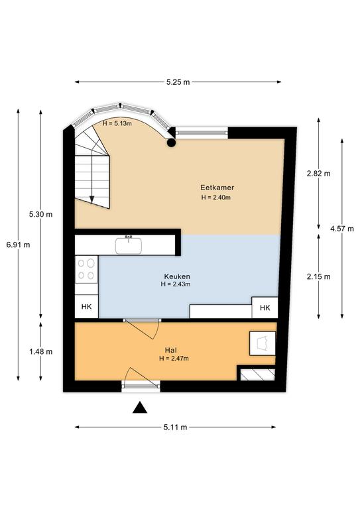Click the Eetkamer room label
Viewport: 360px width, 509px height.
click(x=217, y=188)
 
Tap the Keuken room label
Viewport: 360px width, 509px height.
click(x=177, y=276)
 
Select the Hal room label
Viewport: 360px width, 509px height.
click(x=171, y=350)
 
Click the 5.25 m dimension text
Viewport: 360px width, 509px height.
click(x=178, y=82)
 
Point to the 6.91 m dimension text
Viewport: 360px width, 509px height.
click(x=18, y=245)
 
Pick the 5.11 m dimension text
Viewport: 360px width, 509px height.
click(x=175, y=427)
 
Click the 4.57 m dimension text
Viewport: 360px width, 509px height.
click(x=342, y=229)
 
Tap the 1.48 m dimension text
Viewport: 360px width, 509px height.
click(x=41, y=351)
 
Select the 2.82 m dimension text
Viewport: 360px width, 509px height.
click(x=319, y=174)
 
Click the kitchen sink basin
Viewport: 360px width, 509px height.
click(x=129, y=246)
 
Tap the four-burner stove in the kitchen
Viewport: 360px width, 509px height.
click(x=86, y=269)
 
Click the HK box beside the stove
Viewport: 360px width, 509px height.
click(x=87, y=306)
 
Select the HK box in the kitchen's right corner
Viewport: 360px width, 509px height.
click(x=265, y=308)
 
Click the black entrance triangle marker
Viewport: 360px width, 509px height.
click(x=140, y=408)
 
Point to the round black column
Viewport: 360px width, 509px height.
click(x=171, y=142)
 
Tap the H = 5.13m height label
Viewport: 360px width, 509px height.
click(x=117, y=123)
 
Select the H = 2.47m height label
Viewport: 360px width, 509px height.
click(x=174, y=359)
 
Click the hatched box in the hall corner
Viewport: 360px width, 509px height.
click(x=257, y=374)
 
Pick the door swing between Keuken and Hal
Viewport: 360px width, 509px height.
click(x=143, y=329)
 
